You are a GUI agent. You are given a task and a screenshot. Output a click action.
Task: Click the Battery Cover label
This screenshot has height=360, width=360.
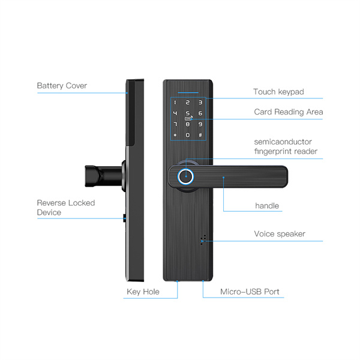[x=62, y=86]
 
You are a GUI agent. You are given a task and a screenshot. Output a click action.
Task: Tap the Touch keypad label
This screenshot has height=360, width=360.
[x=278, y=92]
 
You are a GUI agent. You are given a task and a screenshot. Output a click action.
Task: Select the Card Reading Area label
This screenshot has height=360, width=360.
[x=289, y=112]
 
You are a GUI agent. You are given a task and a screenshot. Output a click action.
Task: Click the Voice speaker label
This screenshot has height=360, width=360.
[x=280, y=234]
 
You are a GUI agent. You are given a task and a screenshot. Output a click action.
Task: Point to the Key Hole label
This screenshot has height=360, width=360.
[x=143, y=292]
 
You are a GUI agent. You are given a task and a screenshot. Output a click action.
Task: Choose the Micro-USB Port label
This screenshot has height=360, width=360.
[x=250, y=292]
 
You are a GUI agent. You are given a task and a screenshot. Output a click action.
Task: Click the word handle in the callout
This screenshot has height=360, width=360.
[x=267, y=206]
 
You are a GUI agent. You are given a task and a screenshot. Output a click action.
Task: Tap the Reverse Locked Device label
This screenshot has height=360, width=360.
[x=66, y=208]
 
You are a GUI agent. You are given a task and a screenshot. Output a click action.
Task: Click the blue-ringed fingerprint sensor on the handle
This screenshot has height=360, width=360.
[x=185, y=176]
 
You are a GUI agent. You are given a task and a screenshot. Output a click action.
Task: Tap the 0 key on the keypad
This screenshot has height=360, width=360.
[x=188, y=135]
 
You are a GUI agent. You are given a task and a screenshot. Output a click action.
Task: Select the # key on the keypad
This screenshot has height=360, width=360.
[x=200, y=135]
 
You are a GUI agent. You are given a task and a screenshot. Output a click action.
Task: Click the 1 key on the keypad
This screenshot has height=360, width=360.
[x=175, y=103]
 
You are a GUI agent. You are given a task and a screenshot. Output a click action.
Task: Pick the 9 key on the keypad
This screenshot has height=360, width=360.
[x=200, y=124]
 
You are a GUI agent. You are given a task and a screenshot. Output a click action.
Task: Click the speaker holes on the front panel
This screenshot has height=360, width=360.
[x=203, y=239]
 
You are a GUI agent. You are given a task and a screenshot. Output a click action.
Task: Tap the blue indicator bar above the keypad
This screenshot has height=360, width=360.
[x=188, y=92]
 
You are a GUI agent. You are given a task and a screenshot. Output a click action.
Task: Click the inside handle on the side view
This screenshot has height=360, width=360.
[x=103, y=176]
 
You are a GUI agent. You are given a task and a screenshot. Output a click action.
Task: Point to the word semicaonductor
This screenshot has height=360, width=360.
[x=283, y=142]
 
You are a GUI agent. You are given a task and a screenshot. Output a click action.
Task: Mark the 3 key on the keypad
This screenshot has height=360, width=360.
[x=200, y=103]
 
